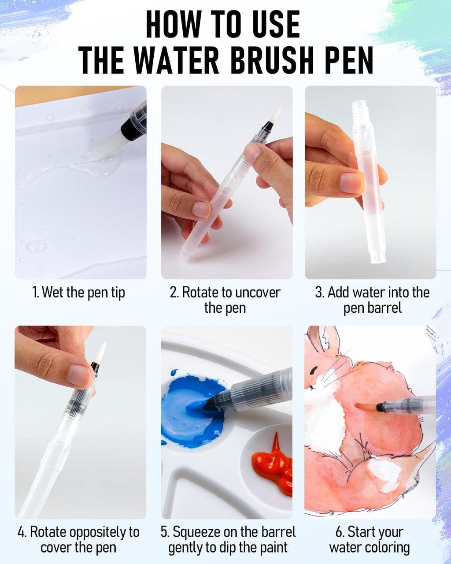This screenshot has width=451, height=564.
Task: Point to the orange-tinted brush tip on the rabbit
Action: tap(365, 407)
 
